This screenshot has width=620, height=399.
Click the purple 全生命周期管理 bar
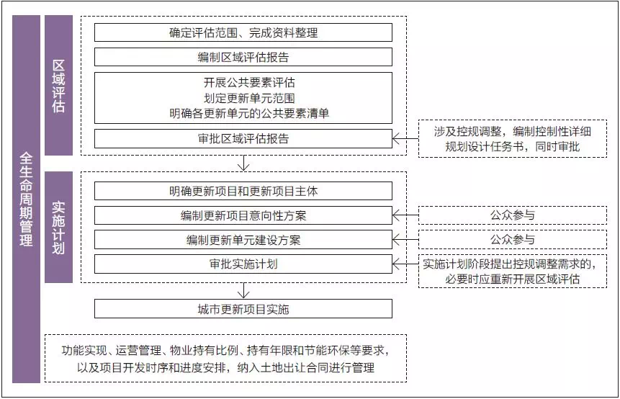click(26, 198)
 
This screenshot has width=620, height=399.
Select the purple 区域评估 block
click(58, 85)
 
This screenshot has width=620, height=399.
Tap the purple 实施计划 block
click(58, 226)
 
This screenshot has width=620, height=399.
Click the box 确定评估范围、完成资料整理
click(243, 32)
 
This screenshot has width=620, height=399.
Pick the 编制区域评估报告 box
click(243, 57)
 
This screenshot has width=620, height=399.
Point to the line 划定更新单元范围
click(243, 98)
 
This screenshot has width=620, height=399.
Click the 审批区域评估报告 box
click(243, 139)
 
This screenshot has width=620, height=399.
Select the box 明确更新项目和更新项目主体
click(243, 191)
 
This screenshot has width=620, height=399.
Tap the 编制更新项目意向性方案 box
click(243, 215)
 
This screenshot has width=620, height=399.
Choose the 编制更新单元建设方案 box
click(243, 240)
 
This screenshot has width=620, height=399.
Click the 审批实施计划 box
click(243, 264)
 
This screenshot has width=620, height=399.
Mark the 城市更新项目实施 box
click(243, 309)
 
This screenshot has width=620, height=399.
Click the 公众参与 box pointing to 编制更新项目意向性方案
click(513, 215)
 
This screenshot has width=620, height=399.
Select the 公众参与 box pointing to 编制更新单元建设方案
click(513, 240)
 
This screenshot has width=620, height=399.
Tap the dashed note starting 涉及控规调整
click(513, 139)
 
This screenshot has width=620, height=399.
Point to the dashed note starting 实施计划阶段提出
click(513, 271)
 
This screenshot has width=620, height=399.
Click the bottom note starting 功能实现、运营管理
click(225, 358)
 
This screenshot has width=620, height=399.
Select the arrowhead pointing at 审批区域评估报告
click(397, 139)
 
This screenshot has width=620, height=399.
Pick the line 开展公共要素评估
click(243, 83)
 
